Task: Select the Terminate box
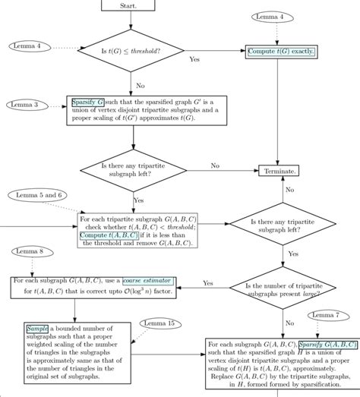pos(280,172)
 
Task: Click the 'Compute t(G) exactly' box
pos(280,52)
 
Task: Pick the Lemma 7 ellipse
pos(327,314)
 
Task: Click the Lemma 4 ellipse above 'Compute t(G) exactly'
pos(270,17)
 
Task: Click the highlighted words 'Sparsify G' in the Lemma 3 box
pos(89,101)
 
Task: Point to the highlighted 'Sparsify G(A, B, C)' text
pos(327,344)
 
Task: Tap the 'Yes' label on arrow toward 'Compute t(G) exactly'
pos(194,59)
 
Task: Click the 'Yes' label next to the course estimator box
pos(207,282)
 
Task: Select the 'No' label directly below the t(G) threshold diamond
pos(141,86)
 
